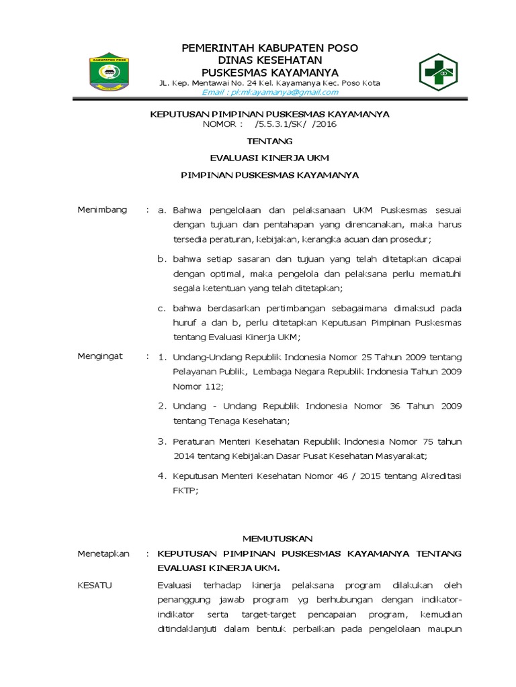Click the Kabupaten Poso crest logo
click(x=110, y=72)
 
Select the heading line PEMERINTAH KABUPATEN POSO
click(x=270, y=48)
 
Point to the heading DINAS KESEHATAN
click(x=270, y=60)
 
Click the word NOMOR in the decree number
click(x=219, y=124)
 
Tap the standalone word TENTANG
click(x=270, y=142)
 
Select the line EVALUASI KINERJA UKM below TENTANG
click(x=270, y=158)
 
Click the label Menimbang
click(x=102, y=210)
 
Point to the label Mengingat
click(x=101, y=356)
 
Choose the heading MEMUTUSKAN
click(x=277, y=539)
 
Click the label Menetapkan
click(x=103, y=553)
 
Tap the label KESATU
click(x=95, y=585)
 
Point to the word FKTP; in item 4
click(x=185, y=490)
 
